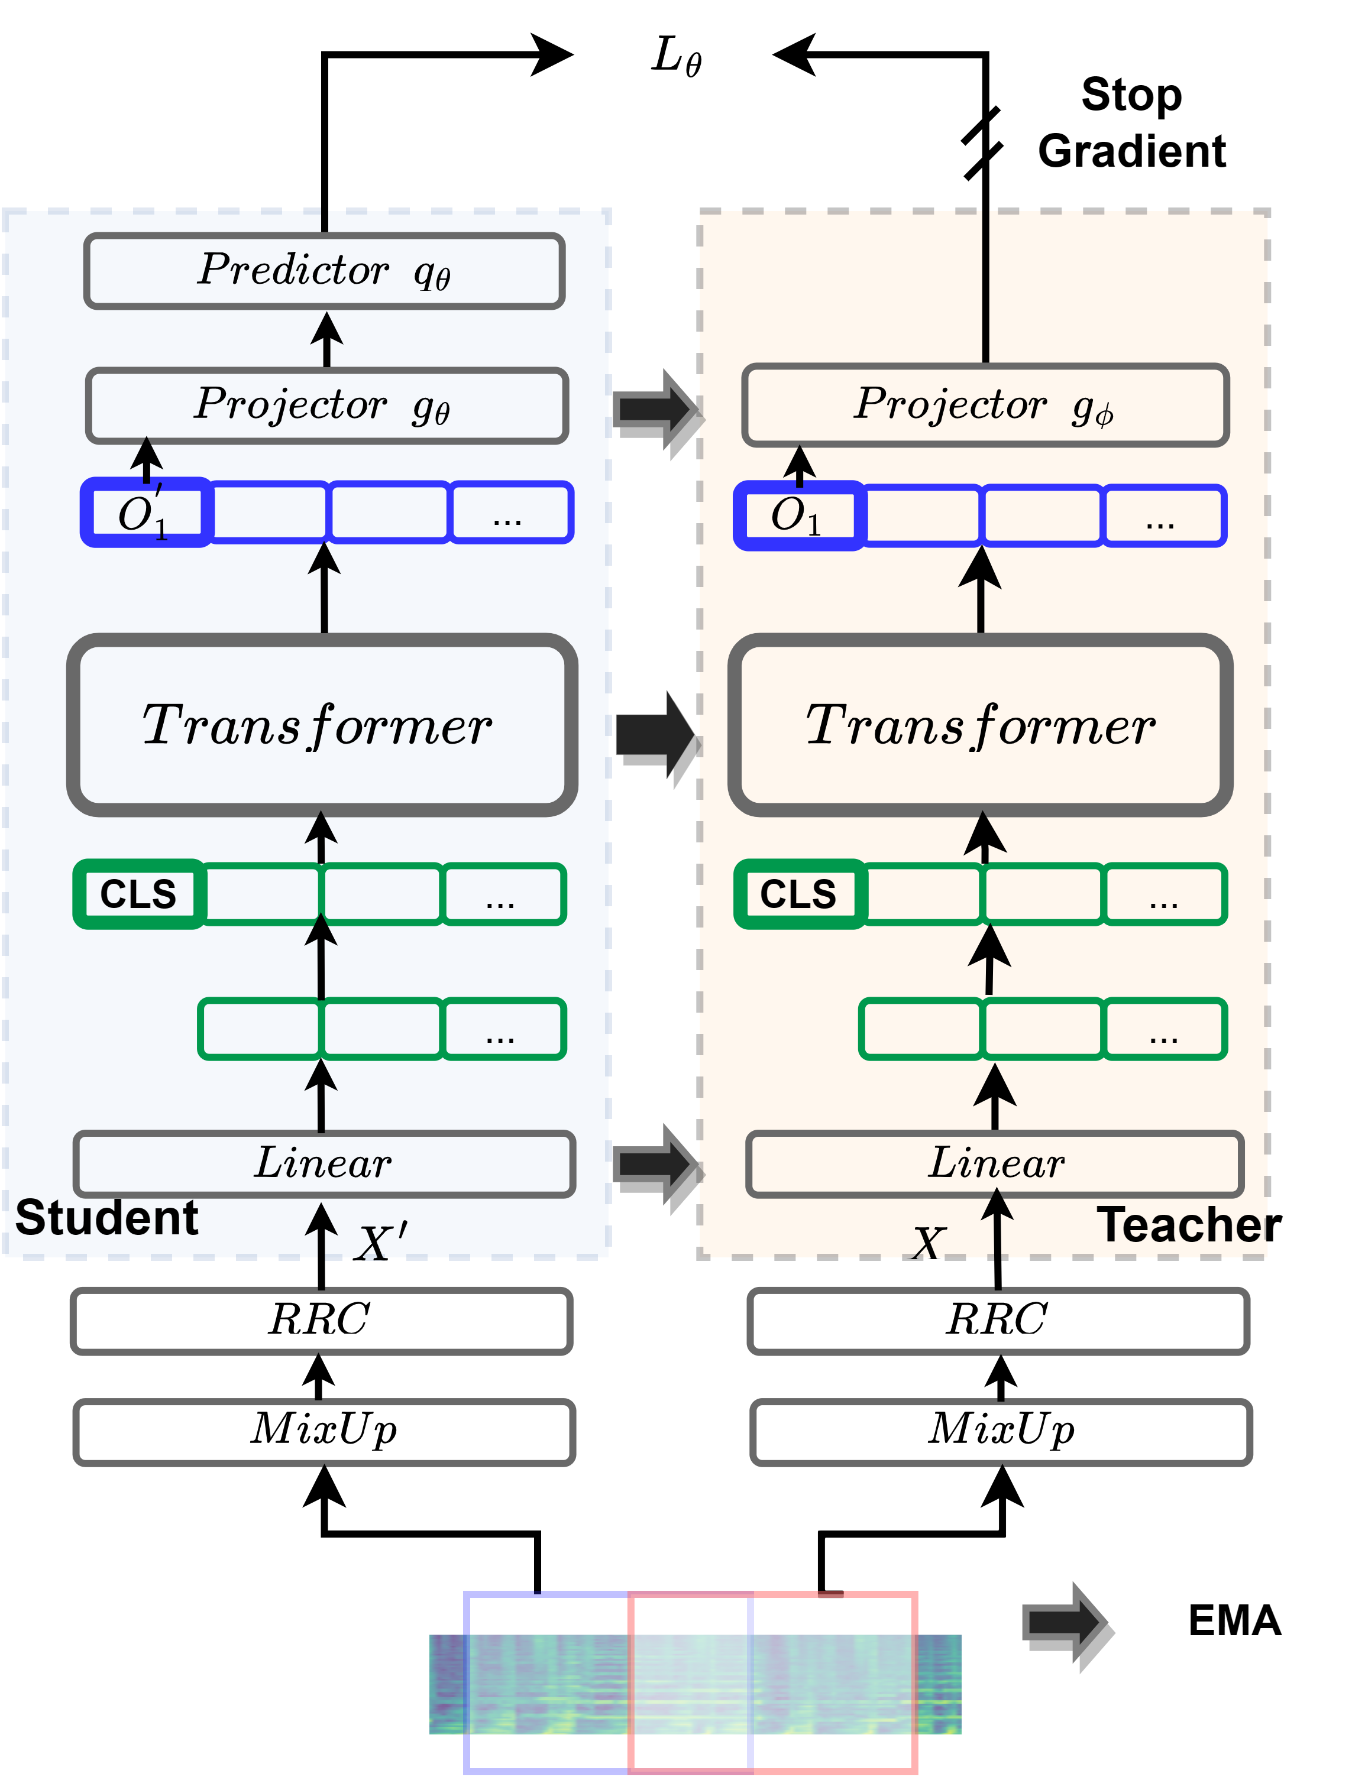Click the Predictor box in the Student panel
pyautogui.click(x=324, y=271)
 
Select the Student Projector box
pyautogui.click(x=326, y=406)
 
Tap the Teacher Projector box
pyautogui.click(x=985, y=406)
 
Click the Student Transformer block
pyautogui.click(x=322, y=725)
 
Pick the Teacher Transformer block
pyautogui.click(x=980, y=725)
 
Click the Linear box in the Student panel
pyautogui.click(x=324, y=1164)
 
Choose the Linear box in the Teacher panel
pyautogui.click(x=995, y=1164)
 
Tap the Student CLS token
pyautogui.click(x=138, y=894)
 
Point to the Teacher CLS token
pyautogui.click(x=799, y=894)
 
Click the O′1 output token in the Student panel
pyautogui.click(x=145, y=513)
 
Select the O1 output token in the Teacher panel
pyautogui.click(x=799, y=515)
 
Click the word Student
pyautogui.click(x=106, y=1218)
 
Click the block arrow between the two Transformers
pyautogui.click(x=654, y=734)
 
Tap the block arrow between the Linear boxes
pyautogui.click(x=654, y=1164)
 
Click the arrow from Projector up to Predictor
pyautogui.click(x=326, y=339)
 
